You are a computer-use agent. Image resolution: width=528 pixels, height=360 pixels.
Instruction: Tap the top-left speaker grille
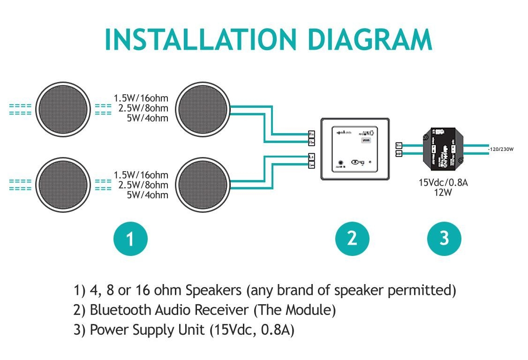(63, 109)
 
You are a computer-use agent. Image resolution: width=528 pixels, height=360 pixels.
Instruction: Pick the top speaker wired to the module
(203, 109)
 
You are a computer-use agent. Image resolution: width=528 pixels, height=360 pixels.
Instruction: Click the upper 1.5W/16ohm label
(141, 98)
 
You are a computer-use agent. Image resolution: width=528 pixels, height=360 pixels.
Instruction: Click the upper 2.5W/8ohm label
(143, 108)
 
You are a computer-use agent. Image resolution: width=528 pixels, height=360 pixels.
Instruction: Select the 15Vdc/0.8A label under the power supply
(443, 183)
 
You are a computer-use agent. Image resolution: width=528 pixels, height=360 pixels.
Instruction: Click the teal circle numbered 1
(130, 239)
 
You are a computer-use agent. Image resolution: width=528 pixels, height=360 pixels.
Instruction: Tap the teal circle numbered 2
(352, 239)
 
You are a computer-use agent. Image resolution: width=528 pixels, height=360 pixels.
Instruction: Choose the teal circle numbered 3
(444, 239)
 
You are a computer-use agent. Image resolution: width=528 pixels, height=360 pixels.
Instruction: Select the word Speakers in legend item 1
(214, 291)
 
